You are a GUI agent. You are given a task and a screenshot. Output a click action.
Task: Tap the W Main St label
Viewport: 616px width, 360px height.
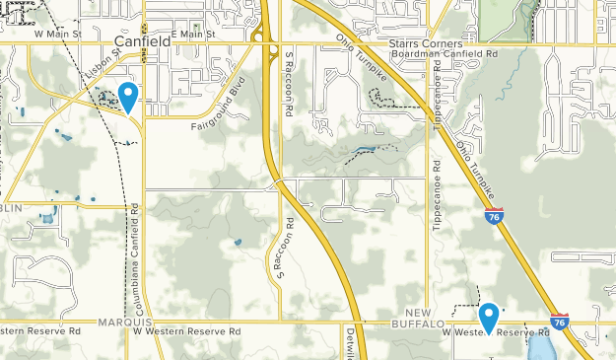click(55, 34)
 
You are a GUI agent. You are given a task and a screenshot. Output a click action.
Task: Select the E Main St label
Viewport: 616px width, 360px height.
click(192, 34)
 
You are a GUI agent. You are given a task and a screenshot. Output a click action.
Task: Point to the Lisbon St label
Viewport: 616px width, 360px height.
click(101, 66)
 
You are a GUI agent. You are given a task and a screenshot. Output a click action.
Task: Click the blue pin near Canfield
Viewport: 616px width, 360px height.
click(127, 97)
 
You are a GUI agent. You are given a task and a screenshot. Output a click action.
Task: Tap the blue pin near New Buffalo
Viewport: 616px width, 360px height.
click(488, 317)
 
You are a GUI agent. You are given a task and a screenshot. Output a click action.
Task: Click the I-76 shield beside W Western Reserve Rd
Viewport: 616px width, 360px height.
click(559, 322)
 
